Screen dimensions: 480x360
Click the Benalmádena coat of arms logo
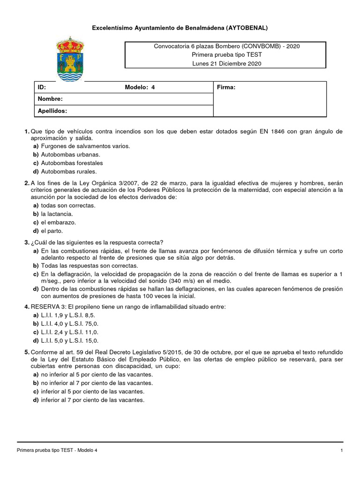pyautogui.click(x=70, y=58)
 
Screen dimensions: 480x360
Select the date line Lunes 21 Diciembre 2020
pyautogui.click(x=227, y=63)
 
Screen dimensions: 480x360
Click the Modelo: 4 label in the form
pyautogui.click(x=140, y=88)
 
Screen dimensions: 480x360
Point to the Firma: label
pyautogui.click(x=226, y=88)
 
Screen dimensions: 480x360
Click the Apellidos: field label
pyautogui.click(x=52, y=111)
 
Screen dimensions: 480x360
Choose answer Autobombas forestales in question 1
pyautogui.click(x=72, y=163)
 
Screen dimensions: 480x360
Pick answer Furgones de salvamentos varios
pyautogui.click(x=85, y=146)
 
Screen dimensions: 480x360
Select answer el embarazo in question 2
pyautogui.click(x=58, y=223)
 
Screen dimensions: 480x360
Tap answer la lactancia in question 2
pyautogui.click(x=57, y=214)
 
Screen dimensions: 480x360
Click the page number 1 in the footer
pyautogui.click(x=342, y=450)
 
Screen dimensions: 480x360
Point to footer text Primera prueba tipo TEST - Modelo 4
pyautogui.click(x=57, y=450)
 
